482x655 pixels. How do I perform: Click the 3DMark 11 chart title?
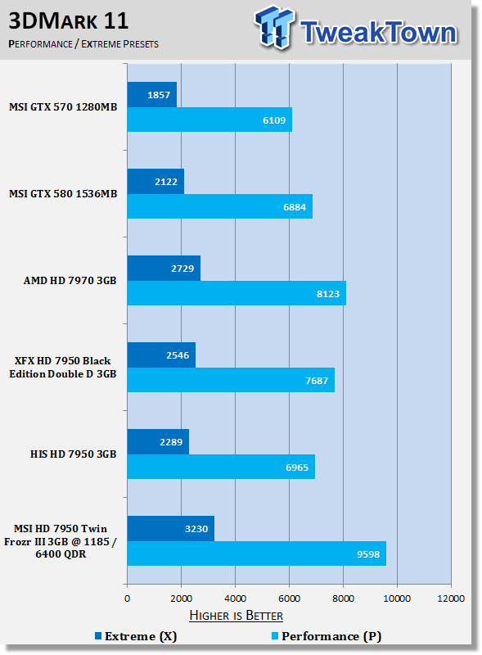pos(68,21)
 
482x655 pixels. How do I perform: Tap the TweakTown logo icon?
pos(273,27)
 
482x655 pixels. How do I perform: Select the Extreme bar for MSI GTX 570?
pos(152,95)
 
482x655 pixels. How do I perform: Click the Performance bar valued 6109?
pos(209,120)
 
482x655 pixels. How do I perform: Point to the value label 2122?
pos(166,182)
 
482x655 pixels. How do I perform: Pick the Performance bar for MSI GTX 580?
pos(220,206)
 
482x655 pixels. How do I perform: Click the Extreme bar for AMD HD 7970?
pos(164,269)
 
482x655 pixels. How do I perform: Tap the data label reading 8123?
pos(328,294)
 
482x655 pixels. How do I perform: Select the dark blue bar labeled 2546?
pos(161,355)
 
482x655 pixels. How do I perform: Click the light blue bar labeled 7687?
pos(231,380)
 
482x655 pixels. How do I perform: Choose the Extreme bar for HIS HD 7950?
pos(158,442)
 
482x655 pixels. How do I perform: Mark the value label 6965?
pos(297,468)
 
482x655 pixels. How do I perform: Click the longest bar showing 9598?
pos(256,553)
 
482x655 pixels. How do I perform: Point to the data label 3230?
pos(196,529)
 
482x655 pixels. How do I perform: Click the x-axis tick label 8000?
pos(344,599)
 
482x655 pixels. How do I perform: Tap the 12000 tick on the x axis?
pos(451,599)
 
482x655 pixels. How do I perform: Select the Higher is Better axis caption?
pos(236,616)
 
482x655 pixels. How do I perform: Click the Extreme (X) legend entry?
pos(136,636)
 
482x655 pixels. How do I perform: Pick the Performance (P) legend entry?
pos(327,636)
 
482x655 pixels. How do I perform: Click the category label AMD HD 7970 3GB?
pos(70,280)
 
